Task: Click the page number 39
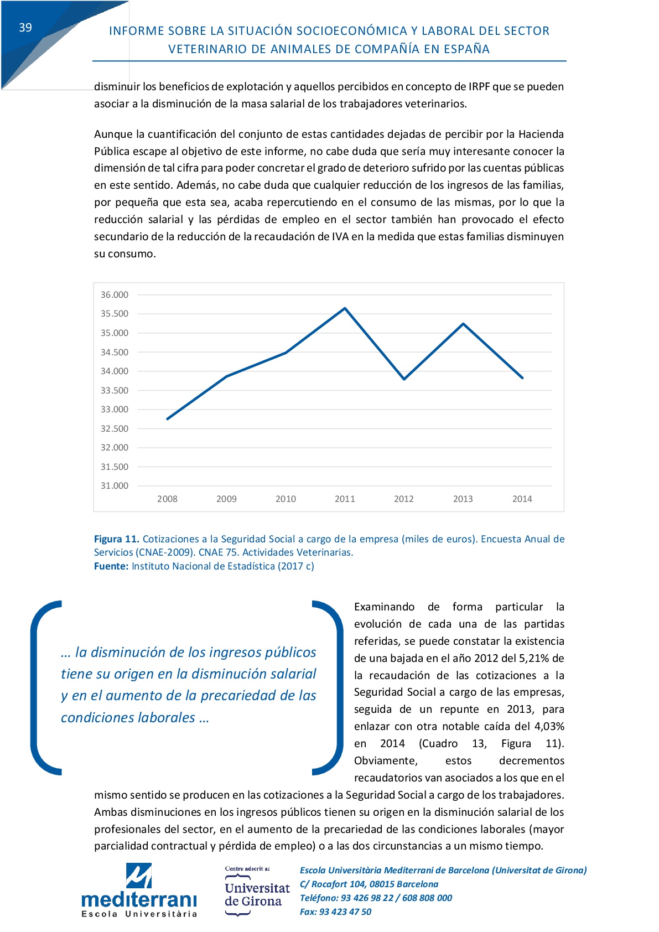pyautogui.click(x=25, y=28)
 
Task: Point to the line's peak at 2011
pyautogui.click(x=345, y=308)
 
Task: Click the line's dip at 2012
pyautogui.click(x=404, y=379)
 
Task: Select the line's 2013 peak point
pyautogui.click(x=463, y=324)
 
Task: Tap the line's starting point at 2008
pyautogui.click(x=167, y=419)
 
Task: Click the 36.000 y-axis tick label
pyautogui.click(x=114, y=295)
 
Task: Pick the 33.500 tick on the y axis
pyautogui.click(x=114, y=391)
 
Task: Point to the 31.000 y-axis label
pyautogui.click(x=114, y=486)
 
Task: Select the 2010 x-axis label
pyautogui.click(x=286, y=499)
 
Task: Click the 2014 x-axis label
pyautogui.click(x=522, y=499)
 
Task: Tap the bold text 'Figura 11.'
pyautogui.click(x=116, y=539)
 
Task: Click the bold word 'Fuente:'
pyautogui.click(x=111, y=566)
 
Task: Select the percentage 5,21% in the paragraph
pyautogui.click(x=534, y=659)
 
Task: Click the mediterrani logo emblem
pyautogui.click(x=138, y=876)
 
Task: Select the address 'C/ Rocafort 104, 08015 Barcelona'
pyautogui.click(x=369, y=884)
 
